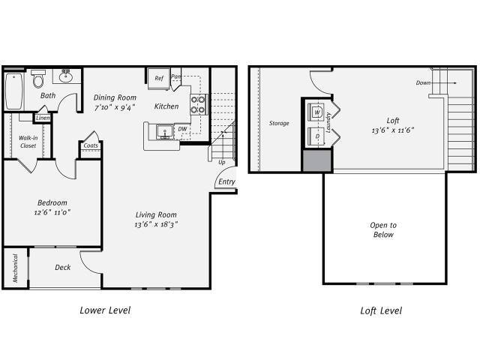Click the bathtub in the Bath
[x=13, y=91]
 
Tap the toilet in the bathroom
[x=38, y=79]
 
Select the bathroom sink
[x=66, y=76]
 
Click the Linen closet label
[x=43, y=118]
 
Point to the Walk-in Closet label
[x=28, y=142]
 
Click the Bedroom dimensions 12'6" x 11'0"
[x=52, y=214]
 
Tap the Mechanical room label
[x=14, y=268]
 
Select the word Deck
[x=64, y=268]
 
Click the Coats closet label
[x=91, y=145]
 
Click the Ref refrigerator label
[x=159, y=78]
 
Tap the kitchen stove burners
[x=198, y=104]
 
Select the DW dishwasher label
[x=182, y=129]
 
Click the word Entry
[x=226, y=182]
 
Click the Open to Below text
[x=382, y=229]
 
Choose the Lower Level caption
[x=104, y=310]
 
